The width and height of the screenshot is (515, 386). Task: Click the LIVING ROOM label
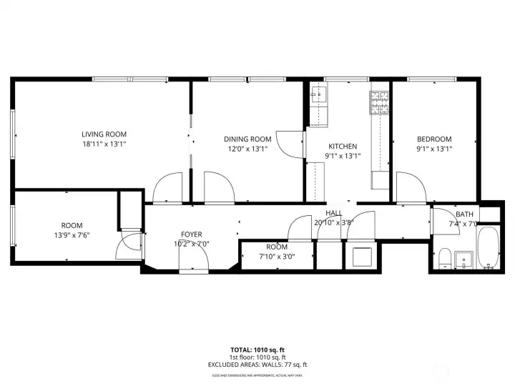[x=104, y=134]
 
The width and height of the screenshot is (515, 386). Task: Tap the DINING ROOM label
[x=247, y=139]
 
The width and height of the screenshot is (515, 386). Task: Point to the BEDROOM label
[x=434, y=139]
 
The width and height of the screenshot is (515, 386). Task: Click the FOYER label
[x=191, y=234]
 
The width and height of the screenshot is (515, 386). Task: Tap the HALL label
[x=333, y=213]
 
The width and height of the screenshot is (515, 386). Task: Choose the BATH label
[x=465, y=214]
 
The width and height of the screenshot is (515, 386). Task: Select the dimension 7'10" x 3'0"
[x=276, y=256]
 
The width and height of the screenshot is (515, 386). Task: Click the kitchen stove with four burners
[x=378, y=103]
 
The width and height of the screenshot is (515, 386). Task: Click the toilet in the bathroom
[x=443, y=257]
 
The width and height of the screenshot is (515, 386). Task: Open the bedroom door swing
[x=411, y=186]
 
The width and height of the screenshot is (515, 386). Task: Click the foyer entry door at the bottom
[x=193, y=263]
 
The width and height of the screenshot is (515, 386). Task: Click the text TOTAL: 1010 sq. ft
[x=257, y=350]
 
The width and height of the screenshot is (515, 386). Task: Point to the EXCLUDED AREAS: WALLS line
[x=257, y=365]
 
